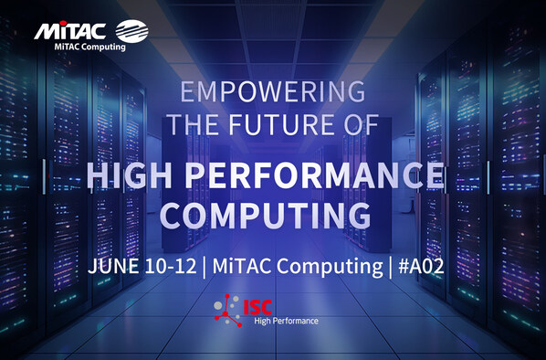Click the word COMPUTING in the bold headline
(x=272, y=216)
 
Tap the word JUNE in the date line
(x=114, y=268)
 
